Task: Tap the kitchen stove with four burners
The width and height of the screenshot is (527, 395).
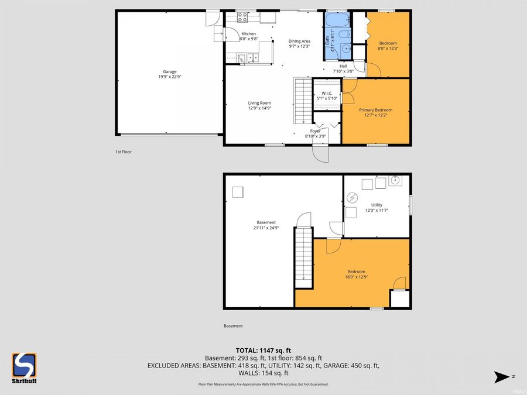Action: pos(241,57)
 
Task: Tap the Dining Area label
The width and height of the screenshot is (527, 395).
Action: pos(299,42)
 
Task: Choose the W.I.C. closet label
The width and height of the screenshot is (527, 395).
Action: pos(327,94)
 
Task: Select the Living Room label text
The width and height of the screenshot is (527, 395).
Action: pos(259,103)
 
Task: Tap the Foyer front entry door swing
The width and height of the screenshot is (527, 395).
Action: pos(321,152)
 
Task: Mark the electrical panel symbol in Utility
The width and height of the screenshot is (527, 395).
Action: pos(352,198)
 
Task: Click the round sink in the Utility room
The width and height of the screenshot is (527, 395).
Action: pos(395,181)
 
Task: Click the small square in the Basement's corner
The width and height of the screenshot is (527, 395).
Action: pos(238,192)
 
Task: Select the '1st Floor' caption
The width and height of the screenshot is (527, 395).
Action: pos(123,152)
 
